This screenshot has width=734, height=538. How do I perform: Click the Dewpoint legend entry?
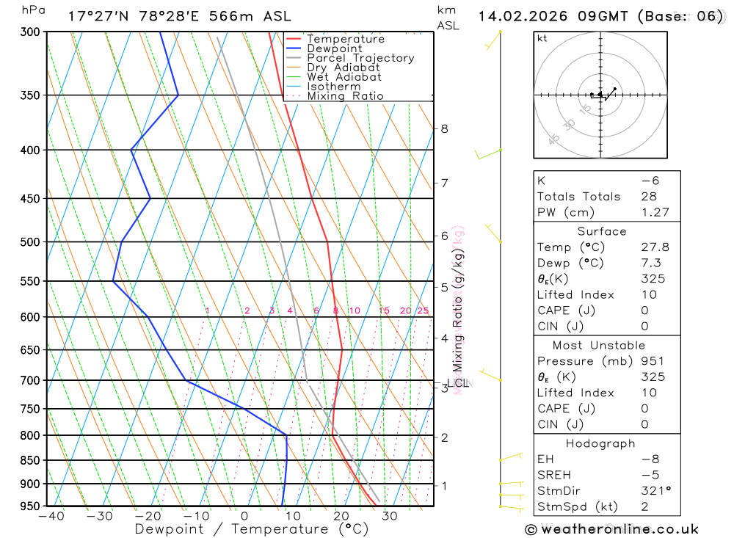pos(334,48)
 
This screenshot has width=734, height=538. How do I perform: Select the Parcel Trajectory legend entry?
pos(360,58)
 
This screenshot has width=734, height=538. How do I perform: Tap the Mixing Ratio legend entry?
pos(345,96)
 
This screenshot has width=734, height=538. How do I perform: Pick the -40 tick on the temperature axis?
pos(51,516)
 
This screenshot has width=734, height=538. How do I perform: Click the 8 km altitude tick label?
pos(444,128)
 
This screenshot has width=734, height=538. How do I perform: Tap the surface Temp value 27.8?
pos(655,247)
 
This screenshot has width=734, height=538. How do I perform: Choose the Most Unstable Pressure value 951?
pos(652,361)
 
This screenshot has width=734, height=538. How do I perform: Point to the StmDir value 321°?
pos(655,490)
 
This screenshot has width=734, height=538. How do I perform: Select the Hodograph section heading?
pos(600,443)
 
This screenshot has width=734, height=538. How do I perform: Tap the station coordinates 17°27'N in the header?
pos(100,16)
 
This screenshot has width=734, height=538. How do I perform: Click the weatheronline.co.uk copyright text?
pos(612,529)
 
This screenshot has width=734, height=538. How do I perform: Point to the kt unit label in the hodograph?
pos(542,38)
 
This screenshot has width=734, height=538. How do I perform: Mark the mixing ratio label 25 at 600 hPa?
pos(423,310)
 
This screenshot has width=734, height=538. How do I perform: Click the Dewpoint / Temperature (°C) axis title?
pos(251,529)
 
